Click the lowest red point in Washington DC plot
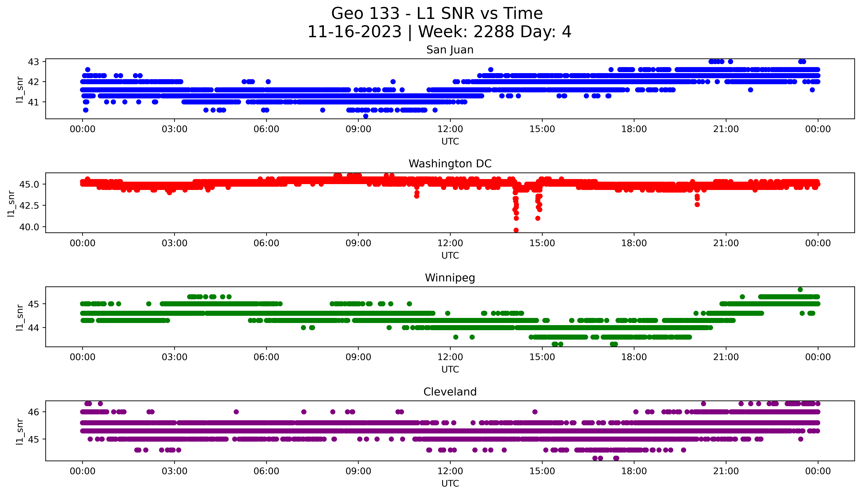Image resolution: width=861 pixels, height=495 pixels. (x=516, y=230)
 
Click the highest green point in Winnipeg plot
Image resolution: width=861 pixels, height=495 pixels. (x=800, y=290)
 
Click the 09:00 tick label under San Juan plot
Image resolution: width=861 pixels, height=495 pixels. (x=358, y=129)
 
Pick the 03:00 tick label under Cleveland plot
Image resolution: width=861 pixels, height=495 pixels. (x=175, y=471)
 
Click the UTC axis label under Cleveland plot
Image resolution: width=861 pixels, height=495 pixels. (x=450, y=483)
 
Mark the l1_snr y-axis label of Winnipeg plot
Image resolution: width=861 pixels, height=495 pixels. (x=20, y=318)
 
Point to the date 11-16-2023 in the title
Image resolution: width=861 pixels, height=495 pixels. (x=354, y=32)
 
